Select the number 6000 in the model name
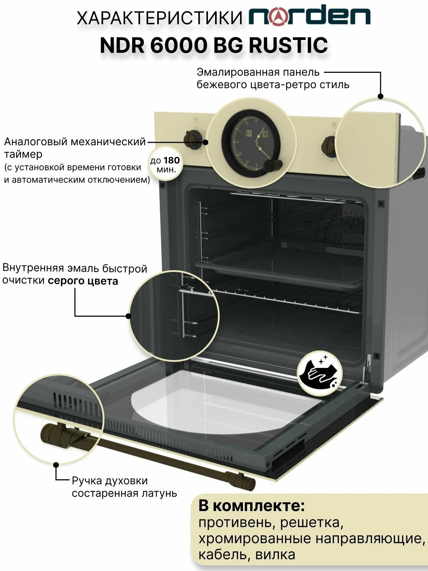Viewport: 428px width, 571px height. coord(179,45)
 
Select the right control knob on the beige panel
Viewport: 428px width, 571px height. coord(329,145)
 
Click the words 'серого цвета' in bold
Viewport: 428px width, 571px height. coord(83,281)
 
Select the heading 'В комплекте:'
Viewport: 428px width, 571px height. coord(251,506)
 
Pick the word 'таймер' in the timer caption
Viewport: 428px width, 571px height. coord(23,155)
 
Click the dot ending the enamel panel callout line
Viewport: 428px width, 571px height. coord(381,96)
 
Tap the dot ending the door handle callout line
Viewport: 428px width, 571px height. coord(56,465)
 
